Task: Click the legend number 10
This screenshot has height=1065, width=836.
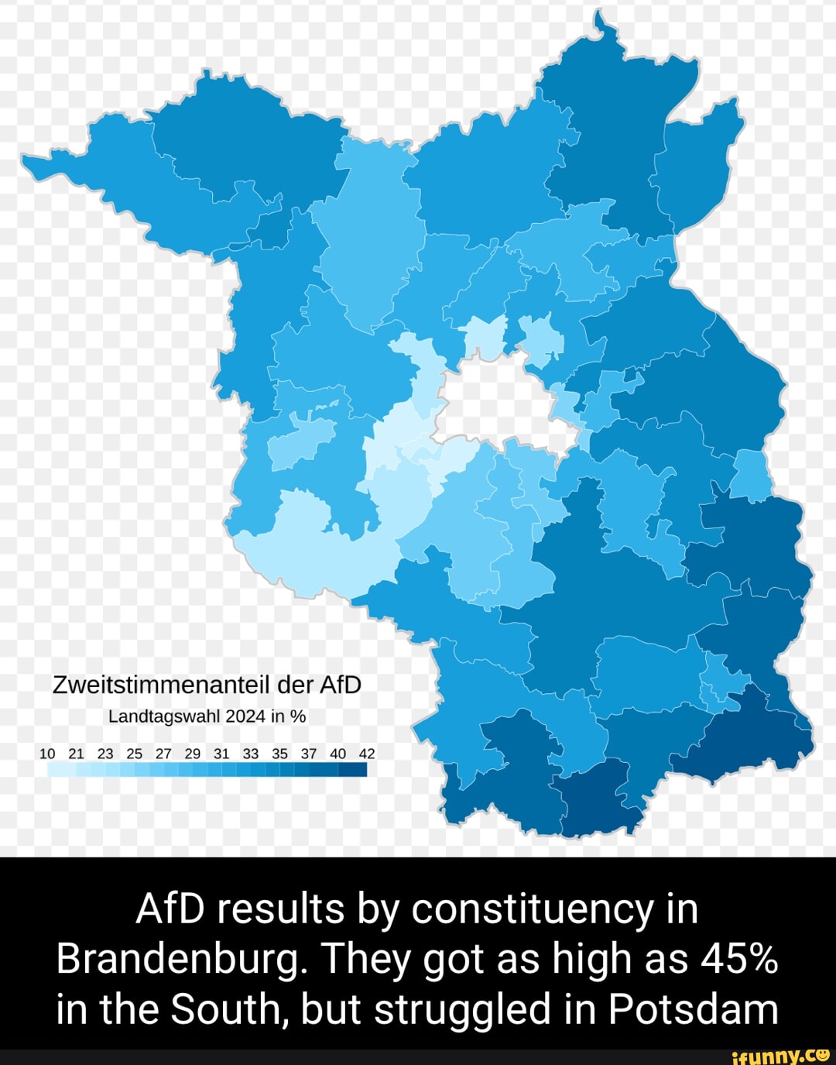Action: pos(47,753)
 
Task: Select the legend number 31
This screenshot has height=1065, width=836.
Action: pos(221,753)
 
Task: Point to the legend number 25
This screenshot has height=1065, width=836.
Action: pos(135,753)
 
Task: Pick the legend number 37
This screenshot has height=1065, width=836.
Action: pos(308,753)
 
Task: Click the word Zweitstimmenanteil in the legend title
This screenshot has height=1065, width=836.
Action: pos(161,685)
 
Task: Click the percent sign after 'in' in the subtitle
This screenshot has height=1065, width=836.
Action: pos(298,716)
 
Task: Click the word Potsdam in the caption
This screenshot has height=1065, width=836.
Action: pos(693,1010)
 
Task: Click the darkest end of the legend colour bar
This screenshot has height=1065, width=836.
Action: pos(360,769)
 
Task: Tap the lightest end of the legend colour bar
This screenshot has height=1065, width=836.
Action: pos(53,769)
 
